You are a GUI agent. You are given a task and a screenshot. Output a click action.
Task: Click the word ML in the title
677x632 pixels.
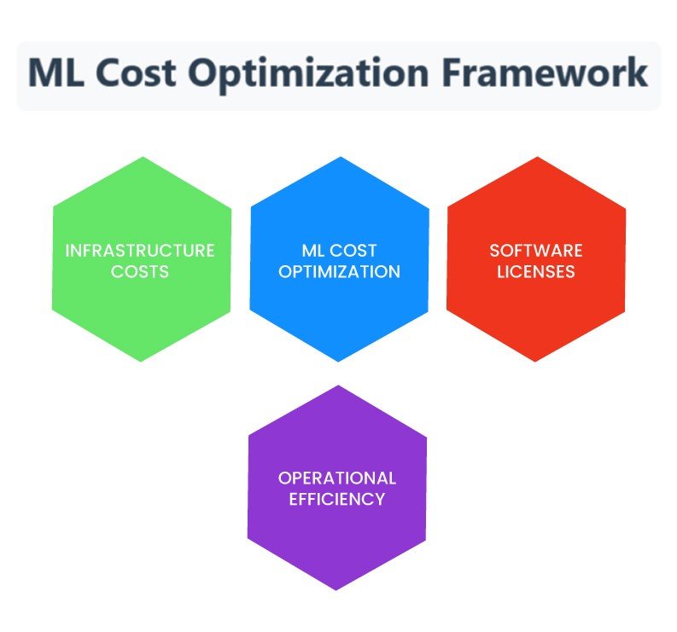(x=55, y=72)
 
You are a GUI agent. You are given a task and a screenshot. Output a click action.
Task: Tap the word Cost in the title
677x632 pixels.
(x=138, y=72)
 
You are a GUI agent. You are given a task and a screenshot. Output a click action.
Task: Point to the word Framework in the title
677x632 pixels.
(x=544, y=72)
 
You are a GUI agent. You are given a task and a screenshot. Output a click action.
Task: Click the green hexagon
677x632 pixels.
(x=142, y=258)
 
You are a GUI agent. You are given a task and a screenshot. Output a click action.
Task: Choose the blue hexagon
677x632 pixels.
(x=340, y=258)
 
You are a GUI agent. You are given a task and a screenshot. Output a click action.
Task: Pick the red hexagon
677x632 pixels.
(x=536, y=258)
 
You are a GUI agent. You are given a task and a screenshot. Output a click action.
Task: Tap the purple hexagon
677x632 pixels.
(x=337, y=488)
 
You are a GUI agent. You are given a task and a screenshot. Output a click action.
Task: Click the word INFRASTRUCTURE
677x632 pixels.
(x=140, y=251)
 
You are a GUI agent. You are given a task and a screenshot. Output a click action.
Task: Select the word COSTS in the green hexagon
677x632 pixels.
(x=140, y=272)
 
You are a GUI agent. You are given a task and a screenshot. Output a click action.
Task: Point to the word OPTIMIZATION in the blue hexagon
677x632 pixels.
(x=340, y=272)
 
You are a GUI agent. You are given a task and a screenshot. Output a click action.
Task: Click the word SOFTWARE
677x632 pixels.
(x=536, y=251)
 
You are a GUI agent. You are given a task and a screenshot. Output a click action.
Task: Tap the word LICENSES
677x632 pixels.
(x=536, y=272)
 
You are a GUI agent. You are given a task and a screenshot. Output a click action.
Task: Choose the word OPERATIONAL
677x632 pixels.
(x=337, y=478)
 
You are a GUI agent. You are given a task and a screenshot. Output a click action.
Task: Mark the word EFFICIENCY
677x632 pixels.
(x=337, y=499)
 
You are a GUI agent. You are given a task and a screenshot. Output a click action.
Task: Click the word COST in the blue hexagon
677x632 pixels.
(x=353, y=251)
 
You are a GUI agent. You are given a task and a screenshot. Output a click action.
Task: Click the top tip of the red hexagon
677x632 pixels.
(x=537, y=157)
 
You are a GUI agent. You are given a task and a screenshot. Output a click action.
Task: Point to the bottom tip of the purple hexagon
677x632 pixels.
(x=336, y=589)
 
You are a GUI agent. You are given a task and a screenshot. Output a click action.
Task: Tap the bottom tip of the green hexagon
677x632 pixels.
(x=141, y=361)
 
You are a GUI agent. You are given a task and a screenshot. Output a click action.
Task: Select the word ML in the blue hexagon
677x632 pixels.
(x=314, y=251)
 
